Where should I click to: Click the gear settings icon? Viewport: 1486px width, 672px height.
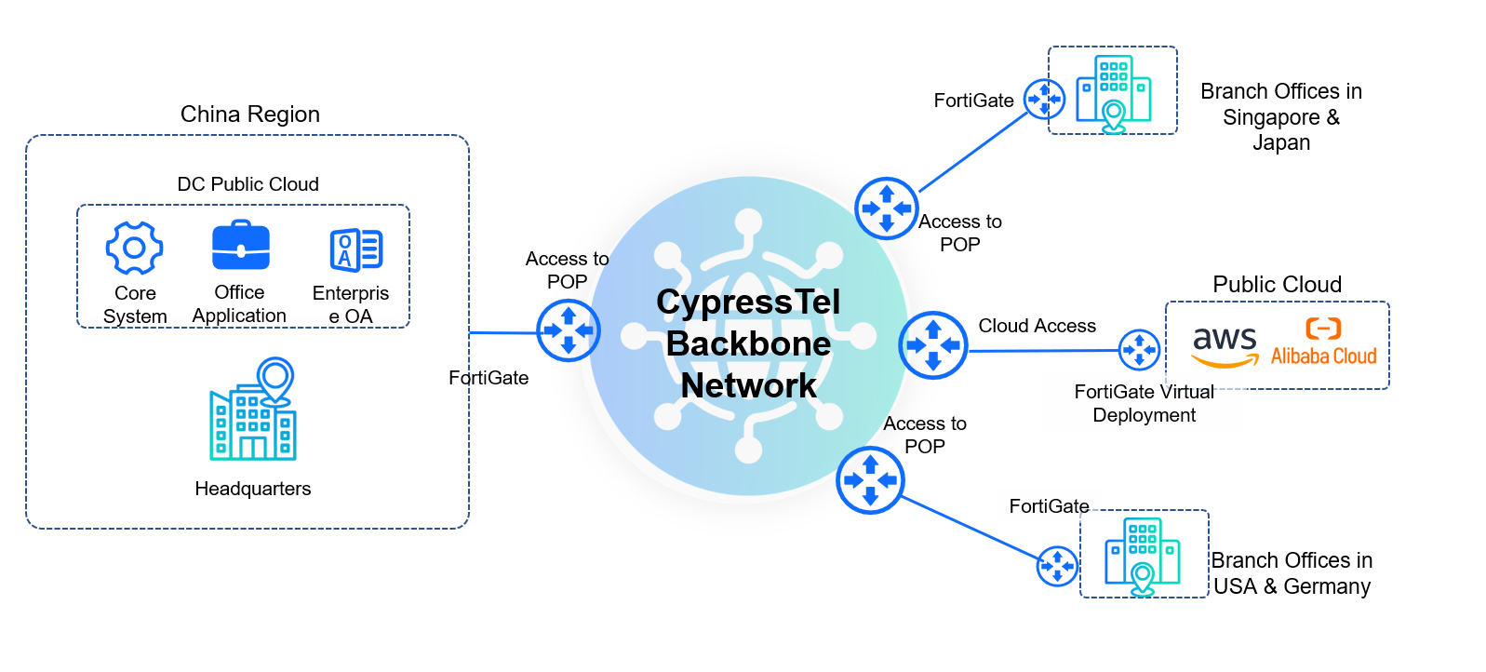(x=135, y=248)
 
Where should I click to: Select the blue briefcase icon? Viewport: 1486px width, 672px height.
(x=241, y=246)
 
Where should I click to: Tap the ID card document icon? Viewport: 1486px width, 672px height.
(x=355, y=249)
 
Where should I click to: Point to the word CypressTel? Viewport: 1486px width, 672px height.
(x=748, y=302)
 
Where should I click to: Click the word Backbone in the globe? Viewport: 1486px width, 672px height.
(x=748, y=343)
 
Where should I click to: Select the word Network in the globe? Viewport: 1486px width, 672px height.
(x=748, y=385)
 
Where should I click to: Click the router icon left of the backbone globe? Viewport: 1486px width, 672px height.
(x=568, y=330)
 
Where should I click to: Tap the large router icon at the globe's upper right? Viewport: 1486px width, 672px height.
(x=887, y=208)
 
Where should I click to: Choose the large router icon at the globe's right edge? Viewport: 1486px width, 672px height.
(x=933, y=345)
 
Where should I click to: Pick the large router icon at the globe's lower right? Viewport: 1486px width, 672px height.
(x=870, y=480)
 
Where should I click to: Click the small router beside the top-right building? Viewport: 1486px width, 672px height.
(x=1044, y=99)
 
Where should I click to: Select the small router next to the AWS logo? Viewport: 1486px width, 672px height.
(x=1139, y=351)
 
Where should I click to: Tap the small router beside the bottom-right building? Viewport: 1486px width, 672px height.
(x=1057, y=565)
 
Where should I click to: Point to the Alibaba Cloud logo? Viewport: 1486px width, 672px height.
(x=1323, y=343)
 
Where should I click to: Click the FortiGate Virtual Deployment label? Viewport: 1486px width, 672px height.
(x=1144, y=403)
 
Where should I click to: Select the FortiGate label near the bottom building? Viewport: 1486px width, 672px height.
(x=1049, y=506)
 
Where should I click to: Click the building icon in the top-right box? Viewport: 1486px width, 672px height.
(x=1113, y=93)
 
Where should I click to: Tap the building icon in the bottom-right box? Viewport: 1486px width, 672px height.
(x=1142, y=556)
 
